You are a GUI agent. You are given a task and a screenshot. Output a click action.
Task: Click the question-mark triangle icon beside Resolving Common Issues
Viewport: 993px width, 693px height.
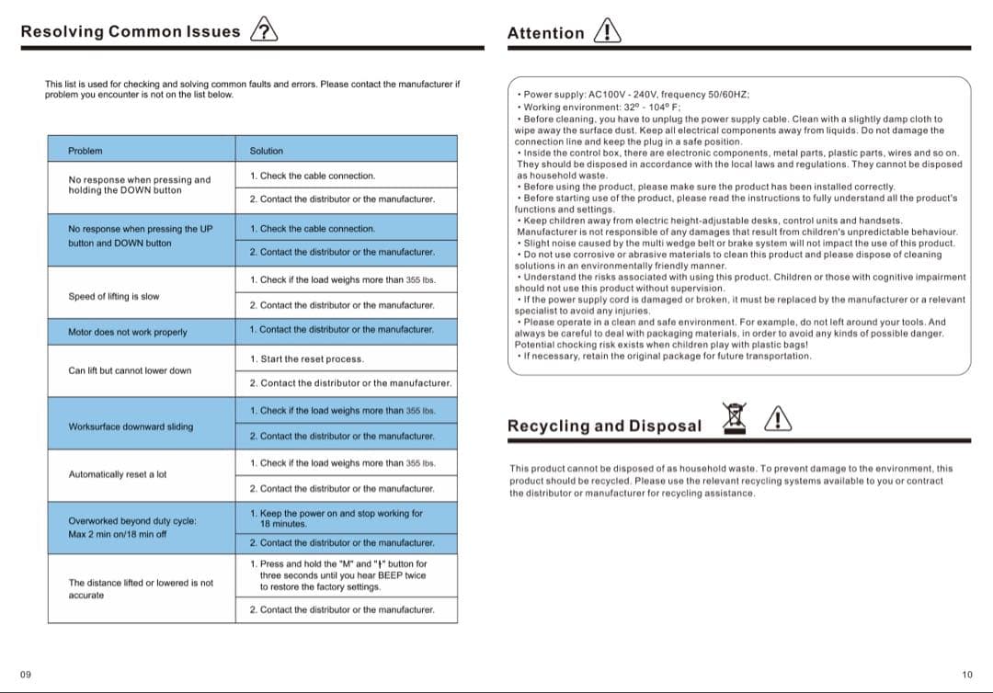(x=264, y=29)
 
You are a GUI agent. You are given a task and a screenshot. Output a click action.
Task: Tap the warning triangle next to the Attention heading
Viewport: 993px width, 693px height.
(x=608, y=31)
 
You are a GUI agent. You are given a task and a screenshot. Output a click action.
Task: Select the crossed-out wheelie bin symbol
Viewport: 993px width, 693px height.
(x=734, y=417)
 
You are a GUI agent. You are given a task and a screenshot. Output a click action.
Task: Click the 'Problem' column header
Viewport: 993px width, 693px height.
(x=86, y=151)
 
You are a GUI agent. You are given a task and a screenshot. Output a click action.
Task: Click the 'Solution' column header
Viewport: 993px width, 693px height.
(x=267, y=151)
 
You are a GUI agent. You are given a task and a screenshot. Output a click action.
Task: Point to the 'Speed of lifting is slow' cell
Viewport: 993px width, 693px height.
(x=113, y=296)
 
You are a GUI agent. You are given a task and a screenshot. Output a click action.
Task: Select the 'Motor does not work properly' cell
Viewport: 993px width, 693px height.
(x=127, y=332)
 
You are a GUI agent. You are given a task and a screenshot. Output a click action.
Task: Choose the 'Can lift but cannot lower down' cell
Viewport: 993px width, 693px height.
(x=130, y=370)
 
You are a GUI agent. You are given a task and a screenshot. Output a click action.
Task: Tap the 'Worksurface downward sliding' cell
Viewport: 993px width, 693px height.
(x=131, y=426)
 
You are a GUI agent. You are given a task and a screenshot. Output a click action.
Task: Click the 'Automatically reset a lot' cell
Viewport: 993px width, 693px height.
(x=118, y=474)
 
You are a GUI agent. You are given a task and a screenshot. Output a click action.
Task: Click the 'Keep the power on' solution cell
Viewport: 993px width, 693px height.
(x=337, y=518)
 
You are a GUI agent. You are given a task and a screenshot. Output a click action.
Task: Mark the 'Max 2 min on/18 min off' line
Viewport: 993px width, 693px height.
(x=118, y=534)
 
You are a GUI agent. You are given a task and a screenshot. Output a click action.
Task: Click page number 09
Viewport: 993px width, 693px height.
(x=26, y=675)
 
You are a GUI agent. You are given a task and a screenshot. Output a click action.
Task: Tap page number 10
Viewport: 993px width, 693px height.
(x=966, y=675)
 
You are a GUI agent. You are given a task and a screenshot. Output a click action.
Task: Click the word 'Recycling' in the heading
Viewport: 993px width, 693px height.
(x=548, y=426)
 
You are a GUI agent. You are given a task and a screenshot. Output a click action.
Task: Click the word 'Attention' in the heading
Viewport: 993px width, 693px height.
(x=545, y=33)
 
